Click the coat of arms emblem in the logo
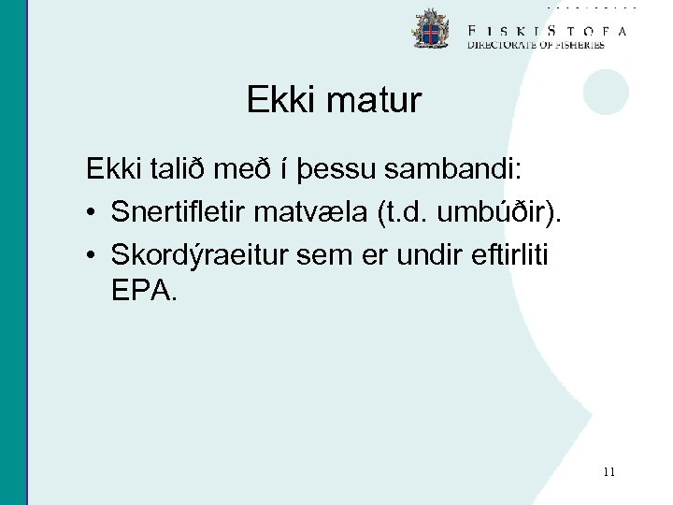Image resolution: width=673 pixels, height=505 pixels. (x=431, y=29)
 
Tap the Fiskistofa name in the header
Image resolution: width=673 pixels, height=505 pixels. (x=547, y=30)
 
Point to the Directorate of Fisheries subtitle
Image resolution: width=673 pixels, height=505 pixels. (x=536, y=44)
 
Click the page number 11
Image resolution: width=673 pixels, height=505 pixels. (x=609, y=472)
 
